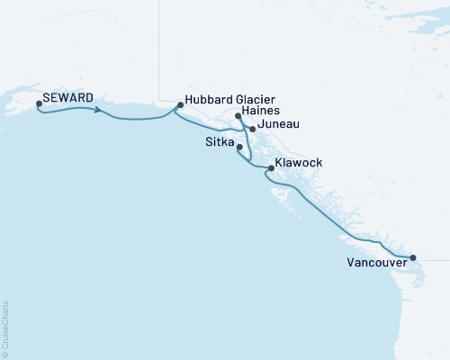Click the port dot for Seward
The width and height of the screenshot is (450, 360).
pos(39,104)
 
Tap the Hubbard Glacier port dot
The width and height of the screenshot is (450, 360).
pos(180,105)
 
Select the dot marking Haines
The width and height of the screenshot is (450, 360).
pos(238,116)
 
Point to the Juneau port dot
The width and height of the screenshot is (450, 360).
pos(252,130)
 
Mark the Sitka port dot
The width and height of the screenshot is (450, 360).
pos(239,147)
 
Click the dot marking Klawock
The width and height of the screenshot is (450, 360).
pos(271,167)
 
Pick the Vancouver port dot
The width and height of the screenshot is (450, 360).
pos(413,258)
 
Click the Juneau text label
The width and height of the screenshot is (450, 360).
pos(278,126)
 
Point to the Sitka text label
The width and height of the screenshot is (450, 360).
pos(219,144)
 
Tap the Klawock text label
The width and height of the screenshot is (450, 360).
pos(299,163)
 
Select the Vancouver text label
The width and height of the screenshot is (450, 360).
pos(375,264)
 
